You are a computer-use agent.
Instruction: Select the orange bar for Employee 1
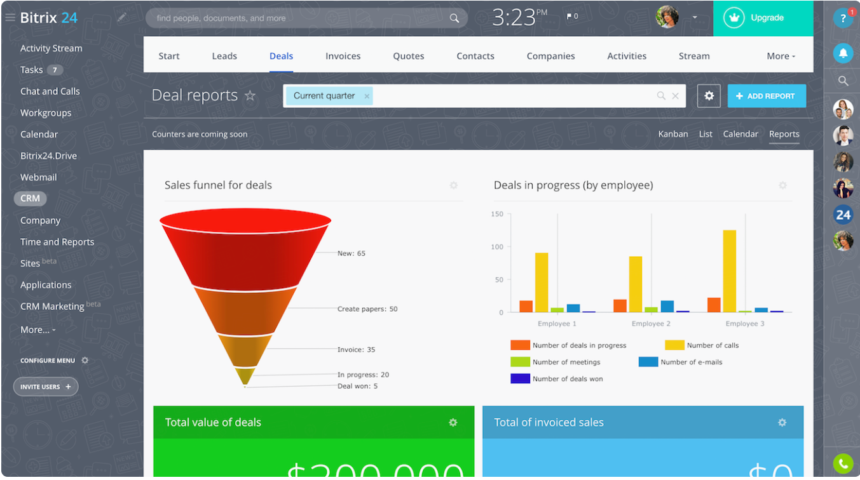(526, 306)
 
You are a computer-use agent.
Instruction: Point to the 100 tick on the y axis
(497, 247)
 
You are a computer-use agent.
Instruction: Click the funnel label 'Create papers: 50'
(367, 309)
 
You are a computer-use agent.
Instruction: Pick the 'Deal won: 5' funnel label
(357, 386)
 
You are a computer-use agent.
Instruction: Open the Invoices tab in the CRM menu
(343, 56)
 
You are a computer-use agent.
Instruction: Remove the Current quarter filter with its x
(367, 96)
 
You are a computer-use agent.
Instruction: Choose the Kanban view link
(673, 134)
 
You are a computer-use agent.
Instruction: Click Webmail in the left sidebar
(39, 177)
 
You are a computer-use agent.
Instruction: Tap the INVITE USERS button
(46, 387)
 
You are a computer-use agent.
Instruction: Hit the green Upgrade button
(763, 18)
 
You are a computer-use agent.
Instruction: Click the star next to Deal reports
(250, 96)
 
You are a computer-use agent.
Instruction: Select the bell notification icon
(843, 53)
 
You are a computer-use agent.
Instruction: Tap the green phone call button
(843, 463)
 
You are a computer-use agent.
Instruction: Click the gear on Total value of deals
(453, 422)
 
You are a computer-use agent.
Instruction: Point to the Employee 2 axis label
(651, 324)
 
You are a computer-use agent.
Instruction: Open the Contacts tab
(475, 56)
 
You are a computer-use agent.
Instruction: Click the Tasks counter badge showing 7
(55, 70)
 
